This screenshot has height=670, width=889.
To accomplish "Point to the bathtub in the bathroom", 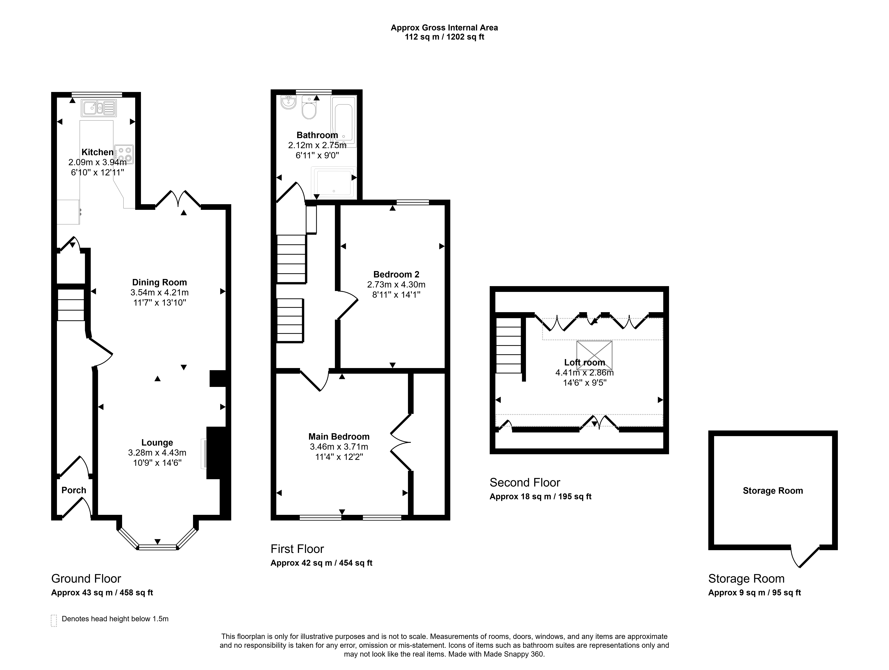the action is coord(344,121).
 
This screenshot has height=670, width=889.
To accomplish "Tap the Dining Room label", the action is coord(160,283).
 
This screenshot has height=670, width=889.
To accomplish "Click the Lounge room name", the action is coord(157,443).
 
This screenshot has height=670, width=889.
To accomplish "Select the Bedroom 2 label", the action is coord(396,275).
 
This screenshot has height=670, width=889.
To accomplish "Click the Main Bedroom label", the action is coord(339,436).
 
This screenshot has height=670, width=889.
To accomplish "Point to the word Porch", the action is coord(74,490).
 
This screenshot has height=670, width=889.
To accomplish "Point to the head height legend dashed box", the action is coord(54,621).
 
